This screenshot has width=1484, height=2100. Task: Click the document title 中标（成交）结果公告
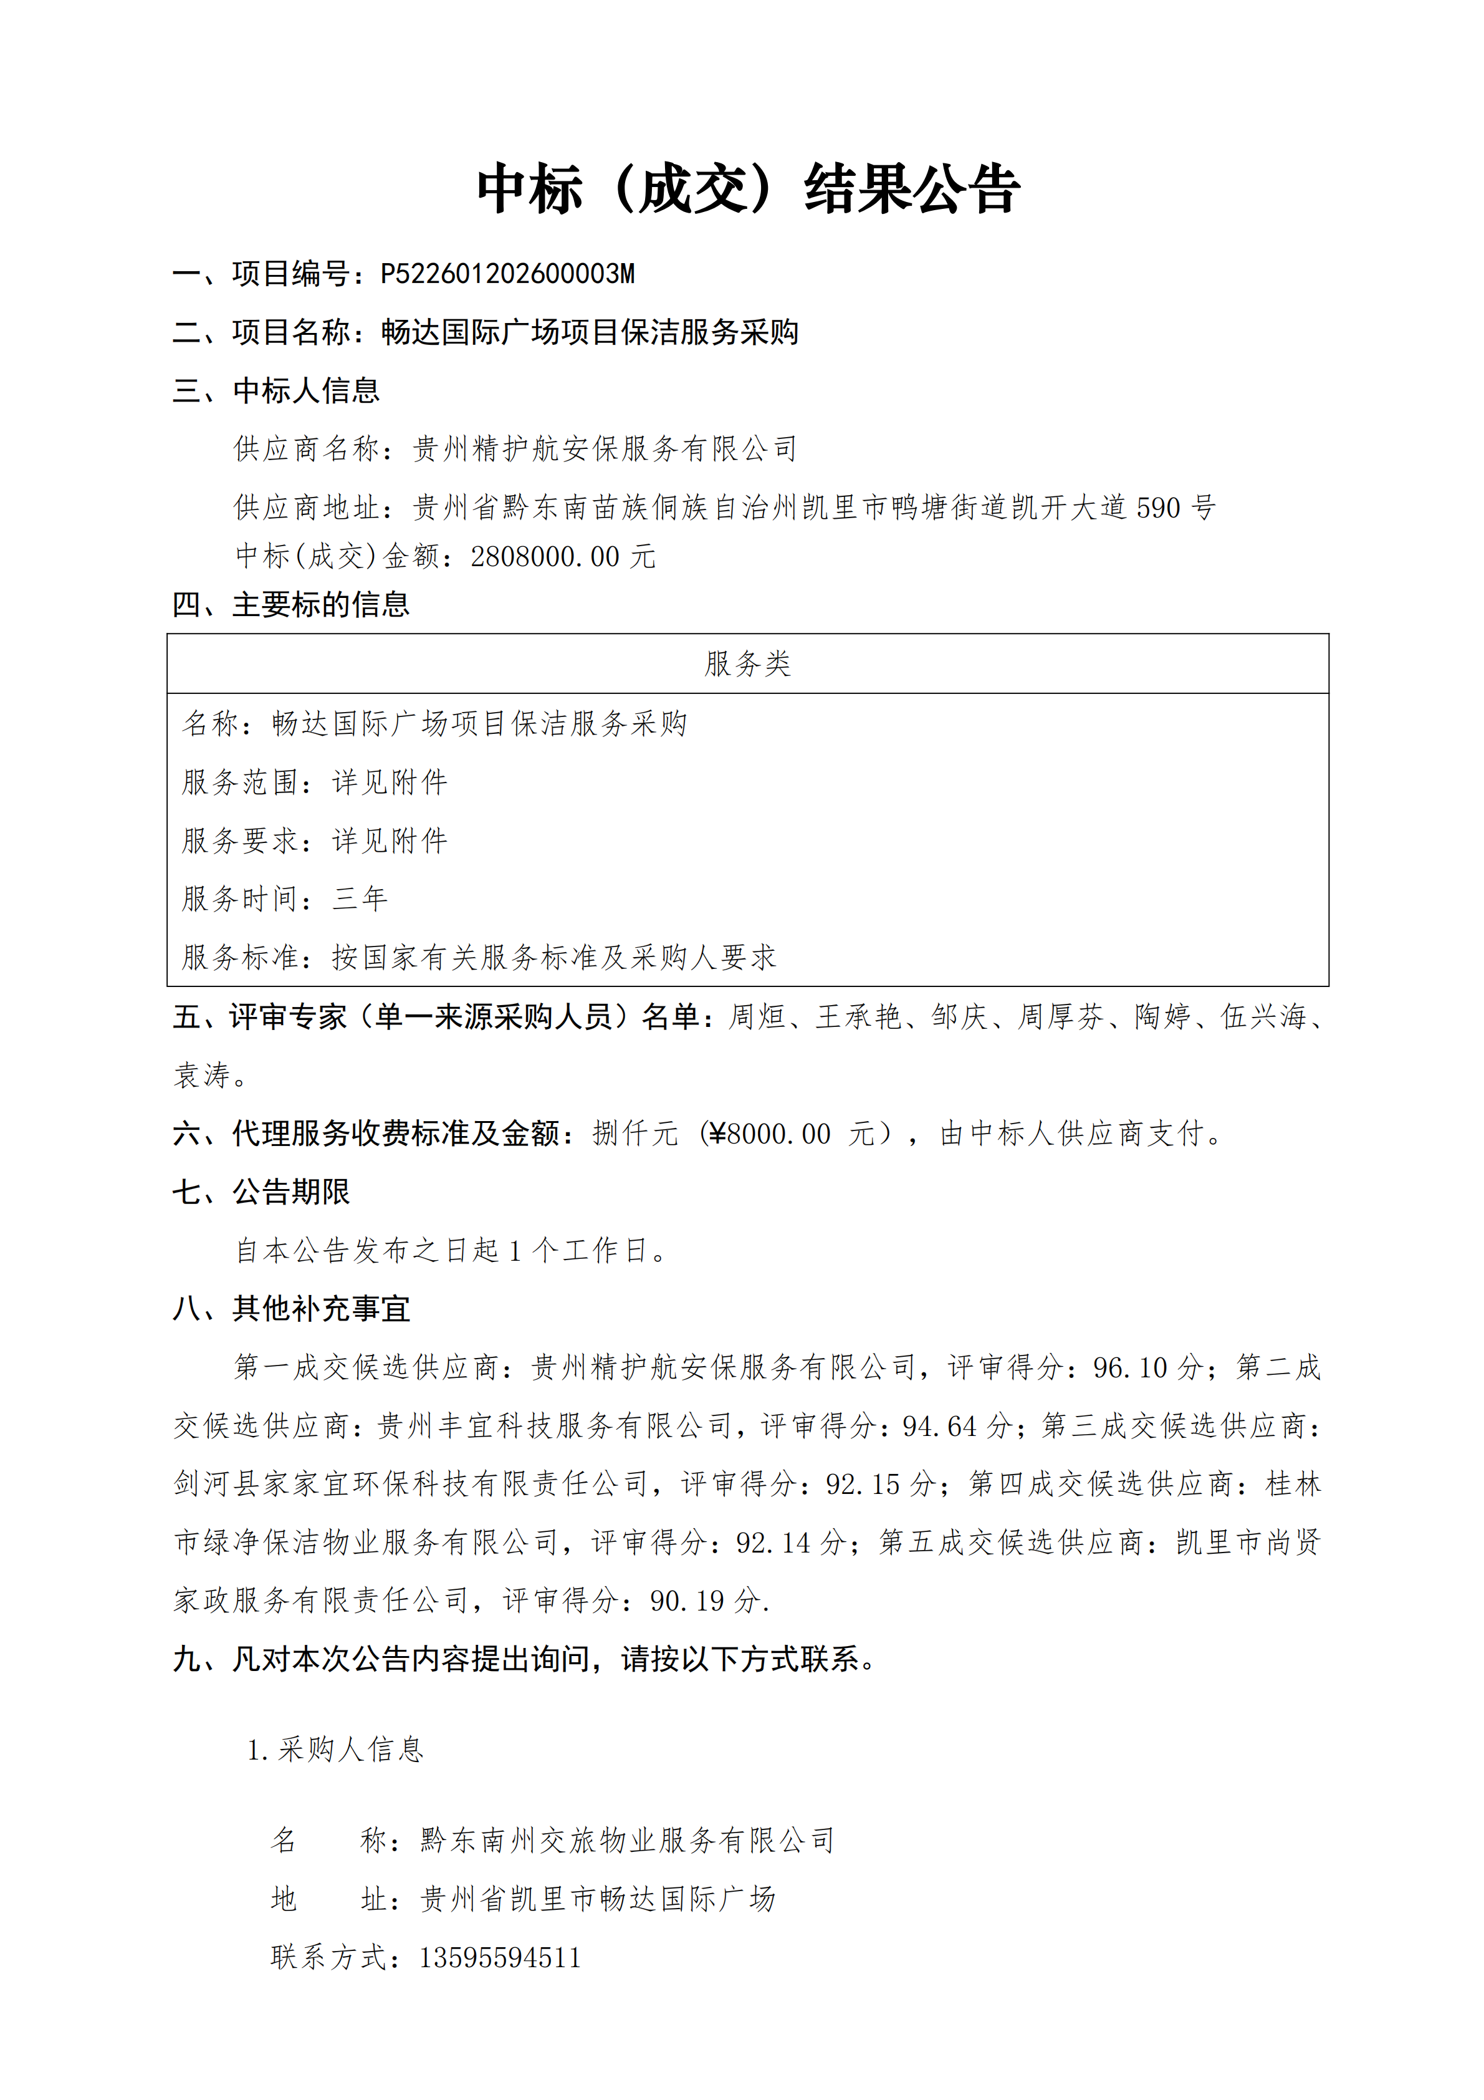point(747,190)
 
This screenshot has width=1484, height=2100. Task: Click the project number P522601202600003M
point(507,274)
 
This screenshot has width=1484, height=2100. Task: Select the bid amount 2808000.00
point(544,556)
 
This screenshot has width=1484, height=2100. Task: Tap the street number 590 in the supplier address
point(1157,507)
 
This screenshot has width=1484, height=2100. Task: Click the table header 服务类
point(747,663)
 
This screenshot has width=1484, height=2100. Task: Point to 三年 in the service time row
point(360,898)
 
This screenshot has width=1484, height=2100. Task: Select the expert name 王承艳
point(859,1016)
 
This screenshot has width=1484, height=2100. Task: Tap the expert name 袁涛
point(202,1075)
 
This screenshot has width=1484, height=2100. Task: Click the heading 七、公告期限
point(262,1192)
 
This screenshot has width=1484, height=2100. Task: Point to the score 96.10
point(1130,1367)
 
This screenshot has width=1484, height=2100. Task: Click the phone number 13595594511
point(500,1957)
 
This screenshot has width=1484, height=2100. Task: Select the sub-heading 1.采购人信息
point(335,1750)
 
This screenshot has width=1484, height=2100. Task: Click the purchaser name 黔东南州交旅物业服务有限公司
point(627,1840)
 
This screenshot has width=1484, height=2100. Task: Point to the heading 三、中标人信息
point(276,390)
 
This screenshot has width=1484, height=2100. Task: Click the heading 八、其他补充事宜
point(291,1309)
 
